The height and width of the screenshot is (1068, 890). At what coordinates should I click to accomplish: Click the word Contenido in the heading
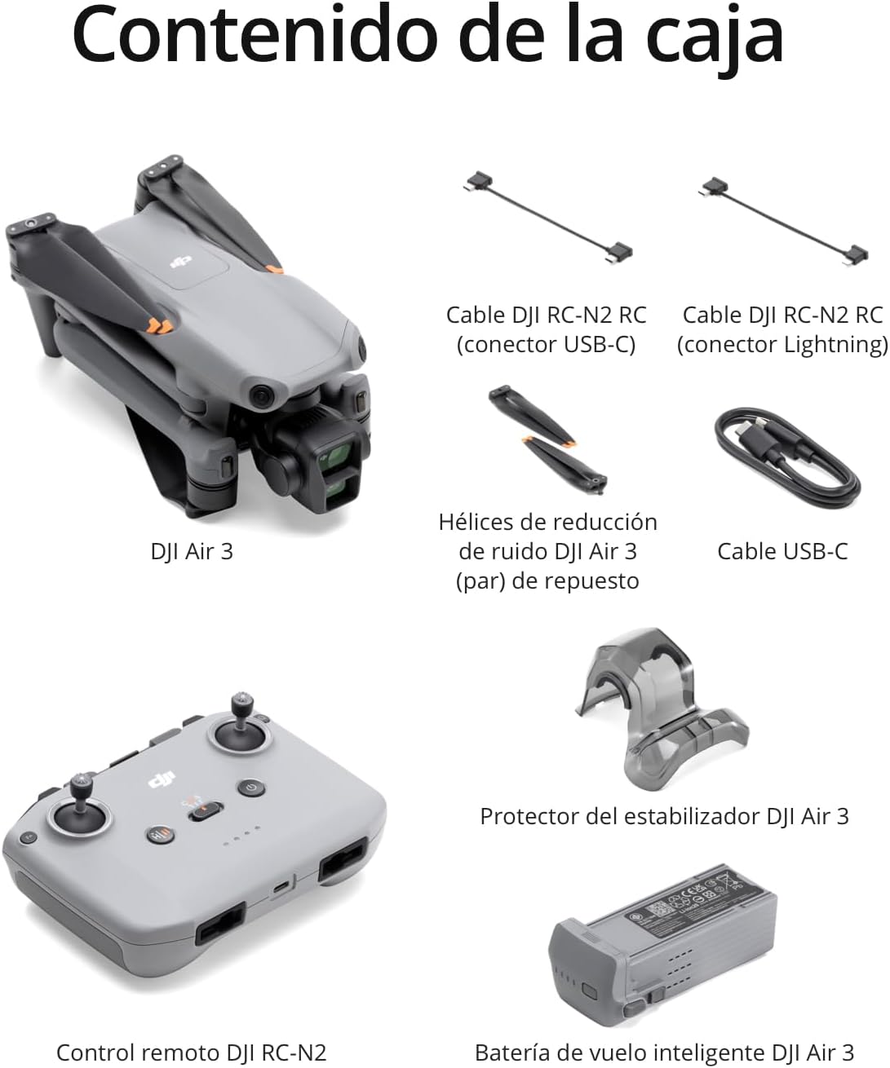(255, 34)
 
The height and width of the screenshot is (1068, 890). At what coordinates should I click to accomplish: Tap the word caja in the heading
(715, 41)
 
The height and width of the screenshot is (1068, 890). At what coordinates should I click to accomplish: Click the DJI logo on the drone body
(180, 262)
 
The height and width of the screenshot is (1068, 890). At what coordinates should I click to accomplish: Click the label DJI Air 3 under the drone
(192, 551)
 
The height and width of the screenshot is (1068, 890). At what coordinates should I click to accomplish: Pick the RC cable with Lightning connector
(784, 221)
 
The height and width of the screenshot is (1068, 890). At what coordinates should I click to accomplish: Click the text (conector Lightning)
(782, 344)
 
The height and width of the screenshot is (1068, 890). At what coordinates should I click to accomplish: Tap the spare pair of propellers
(547, 439)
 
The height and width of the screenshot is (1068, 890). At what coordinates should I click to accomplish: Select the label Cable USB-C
(782, 551)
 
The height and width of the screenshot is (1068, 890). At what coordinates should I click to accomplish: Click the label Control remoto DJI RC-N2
(192, 1053)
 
